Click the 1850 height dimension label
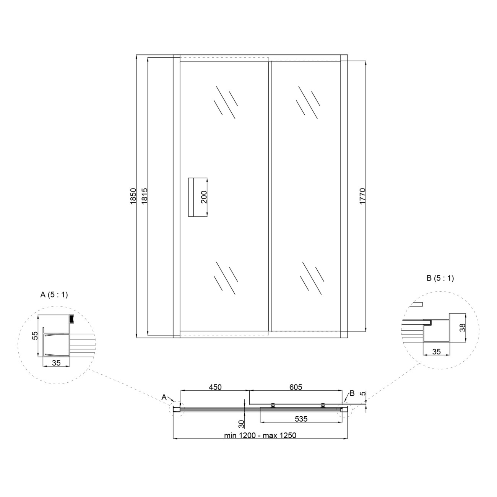(133, 196)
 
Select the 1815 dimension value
(145, 196)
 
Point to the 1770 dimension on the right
(362, 196)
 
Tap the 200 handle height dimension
(204, 197)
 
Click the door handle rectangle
(198, 197)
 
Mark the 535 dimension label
(301, 419)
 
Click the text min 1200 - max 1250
(260, 435)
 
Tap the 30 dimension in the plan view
(241, 424)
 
